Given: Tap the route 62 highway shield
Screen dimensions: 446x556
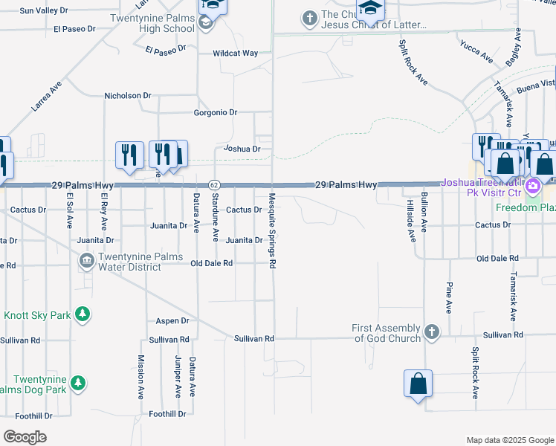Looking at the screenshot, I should (x=213, y=184).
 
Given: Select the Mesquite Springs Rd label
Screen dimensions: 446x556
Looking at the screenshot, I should (x=273, y=232).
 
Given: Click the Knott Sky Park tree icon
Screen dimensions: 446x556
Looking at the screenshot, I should (x=84, y=315).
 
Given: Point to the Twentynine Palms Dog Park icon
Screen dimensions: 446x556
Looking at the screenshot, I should (x=77, y=384).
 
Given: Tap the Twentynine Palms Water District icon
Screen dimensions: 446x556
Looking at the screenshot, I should (x=86, y=259).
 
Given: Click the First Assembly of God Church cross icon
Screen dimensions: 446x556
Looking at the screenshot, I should (x=432, y=331).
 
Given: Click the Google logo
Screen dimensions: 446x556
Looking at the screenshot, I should (x=25, y=437).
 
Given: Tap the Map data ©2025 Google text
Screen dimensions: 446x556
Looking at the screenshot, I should (x=509, y=440).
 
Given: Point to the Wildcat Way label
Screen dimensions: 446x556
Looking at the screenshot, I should (x=235, y=54).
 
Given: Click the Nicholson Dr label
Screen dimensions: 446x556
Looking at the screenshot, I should (x=127, y=96).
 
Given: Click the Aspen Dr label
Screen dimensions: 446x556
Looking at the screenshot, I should (x=172, y=321).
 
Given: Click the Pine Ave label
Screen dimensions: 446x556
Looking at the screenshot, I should (x=449, y=297).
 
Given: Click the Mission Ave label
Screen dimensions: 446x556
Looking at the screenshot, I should (x=140, y=378).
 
